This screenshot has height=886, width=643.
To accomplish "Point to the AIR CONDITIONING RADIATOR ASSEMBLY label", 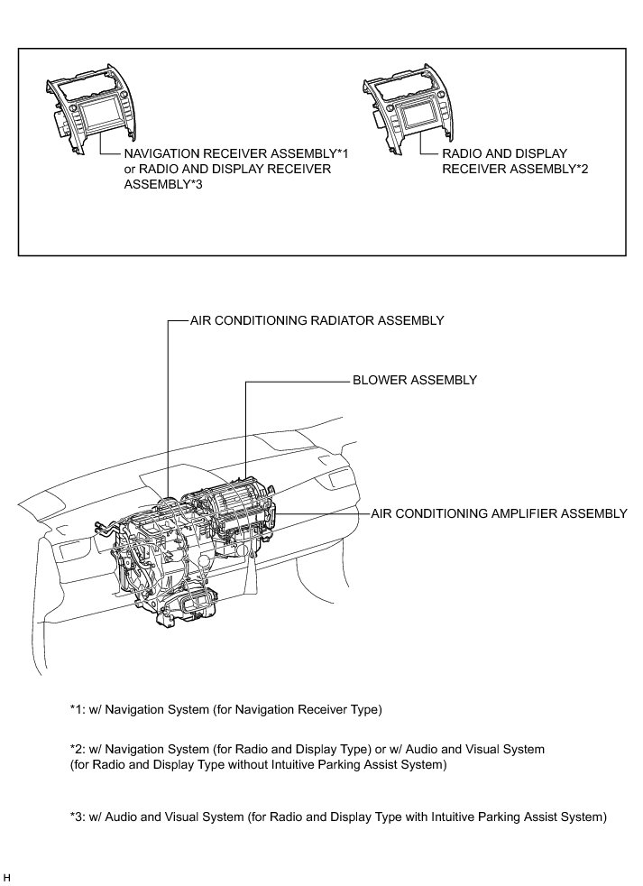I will [x=317, y=320].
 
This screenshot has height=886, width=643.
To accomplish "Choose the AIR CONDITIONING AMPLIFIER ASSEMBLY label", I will [x=499, y=513].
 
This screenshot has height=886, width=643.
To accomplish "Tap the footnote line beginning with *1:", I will [x=225, y=709].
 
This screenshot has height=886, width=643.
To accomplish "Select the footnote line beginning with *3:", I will [x=337, y=817].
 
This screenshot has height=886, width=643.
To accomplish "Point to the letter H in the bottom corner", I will [x=7, y=876].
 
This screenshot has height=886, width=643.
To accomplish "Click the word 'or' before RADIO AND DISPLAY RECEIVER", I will [x=130, y=169].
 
